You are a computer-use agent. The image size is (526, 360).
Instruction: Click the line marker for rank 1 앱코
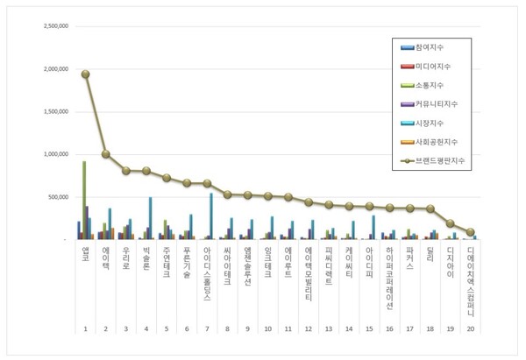tap(85, 74)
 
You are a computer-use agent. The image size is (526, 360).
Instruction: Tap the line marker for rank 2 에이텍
tap(106, 154)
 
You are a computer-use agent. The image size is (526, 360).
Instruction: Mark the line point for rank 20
tap(471, 232)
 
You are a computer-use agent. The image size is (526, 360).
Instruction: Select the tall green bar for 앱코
tap(84, 200)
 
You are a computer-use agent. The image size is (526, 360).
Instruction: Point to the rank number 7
tap(207, 328)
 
